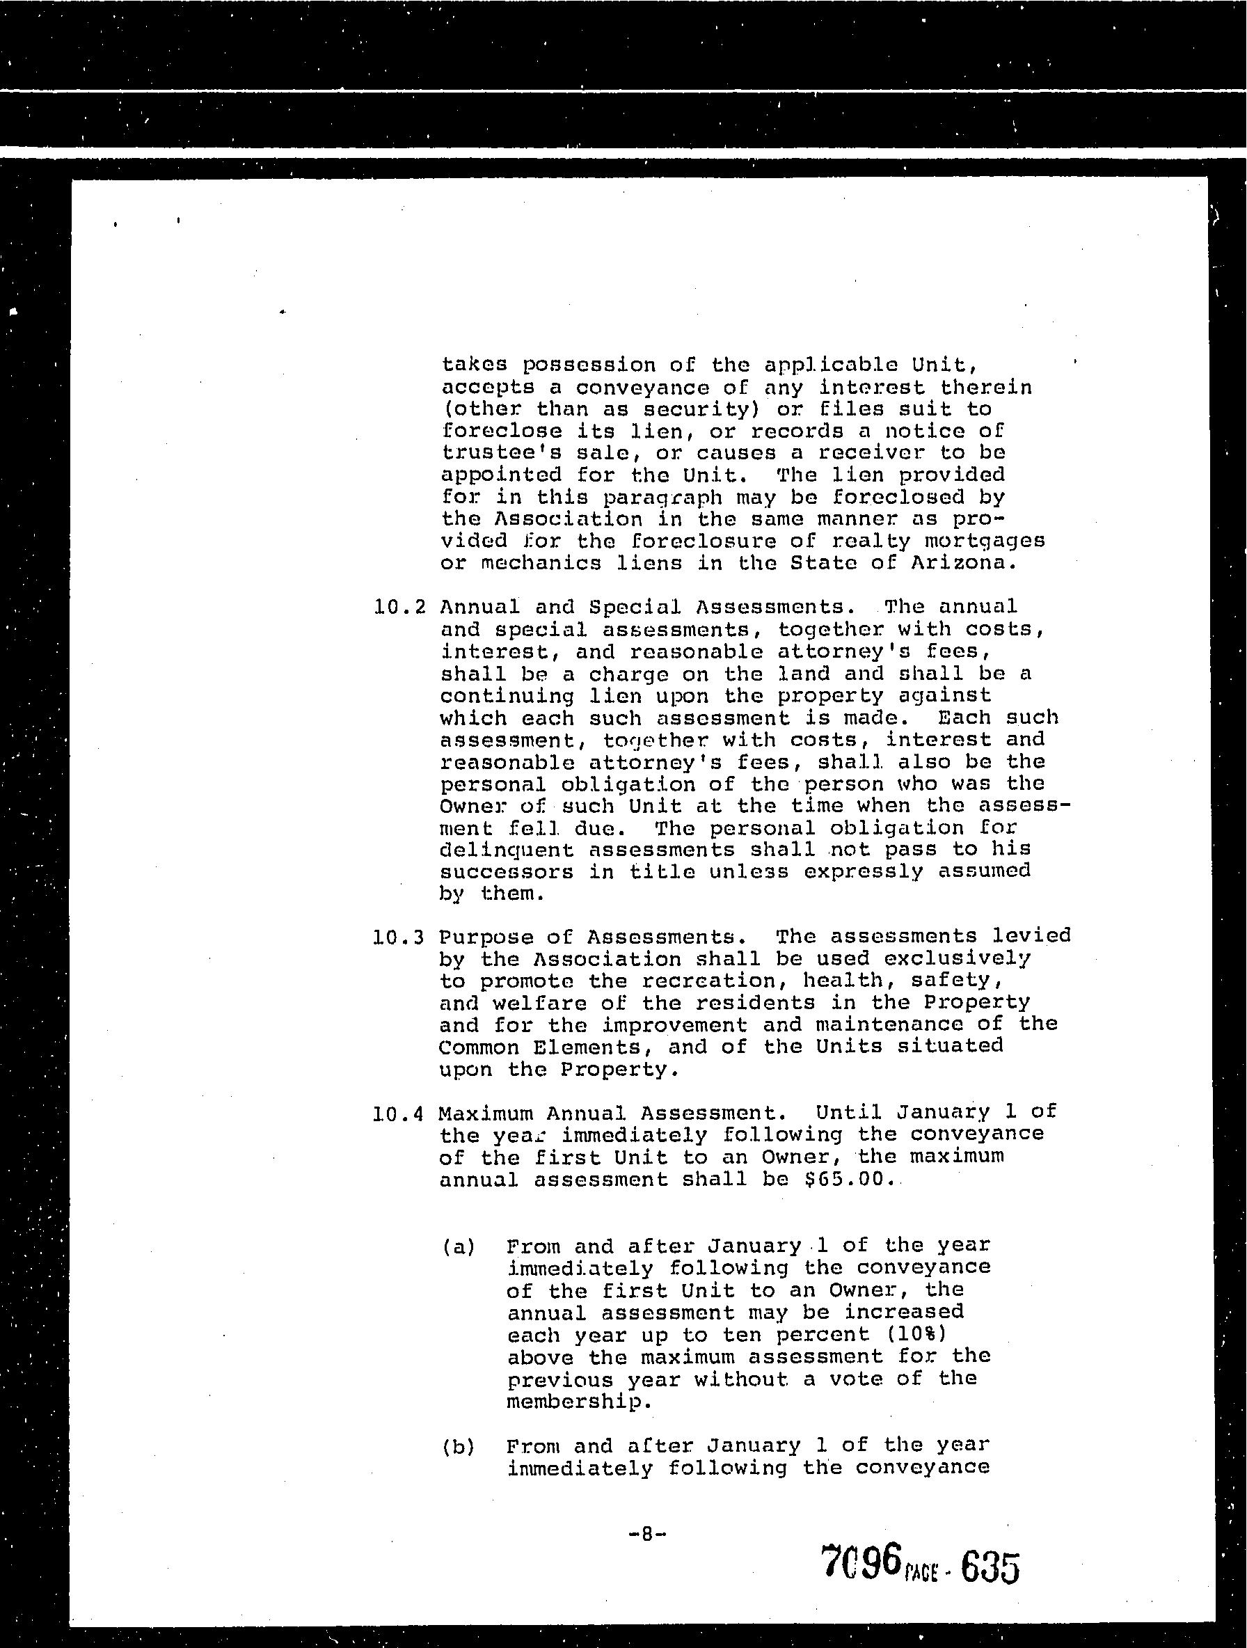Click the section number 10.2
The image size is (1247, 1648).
pos(399,606)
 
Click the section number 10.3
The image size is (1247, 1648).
pos(399,937)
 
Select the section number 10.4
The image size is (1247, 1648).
pos(399,1114)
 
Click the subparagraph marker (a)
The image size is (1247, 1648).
pos(459,1246)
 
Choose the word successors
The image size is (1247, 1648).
pos(507,872)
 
